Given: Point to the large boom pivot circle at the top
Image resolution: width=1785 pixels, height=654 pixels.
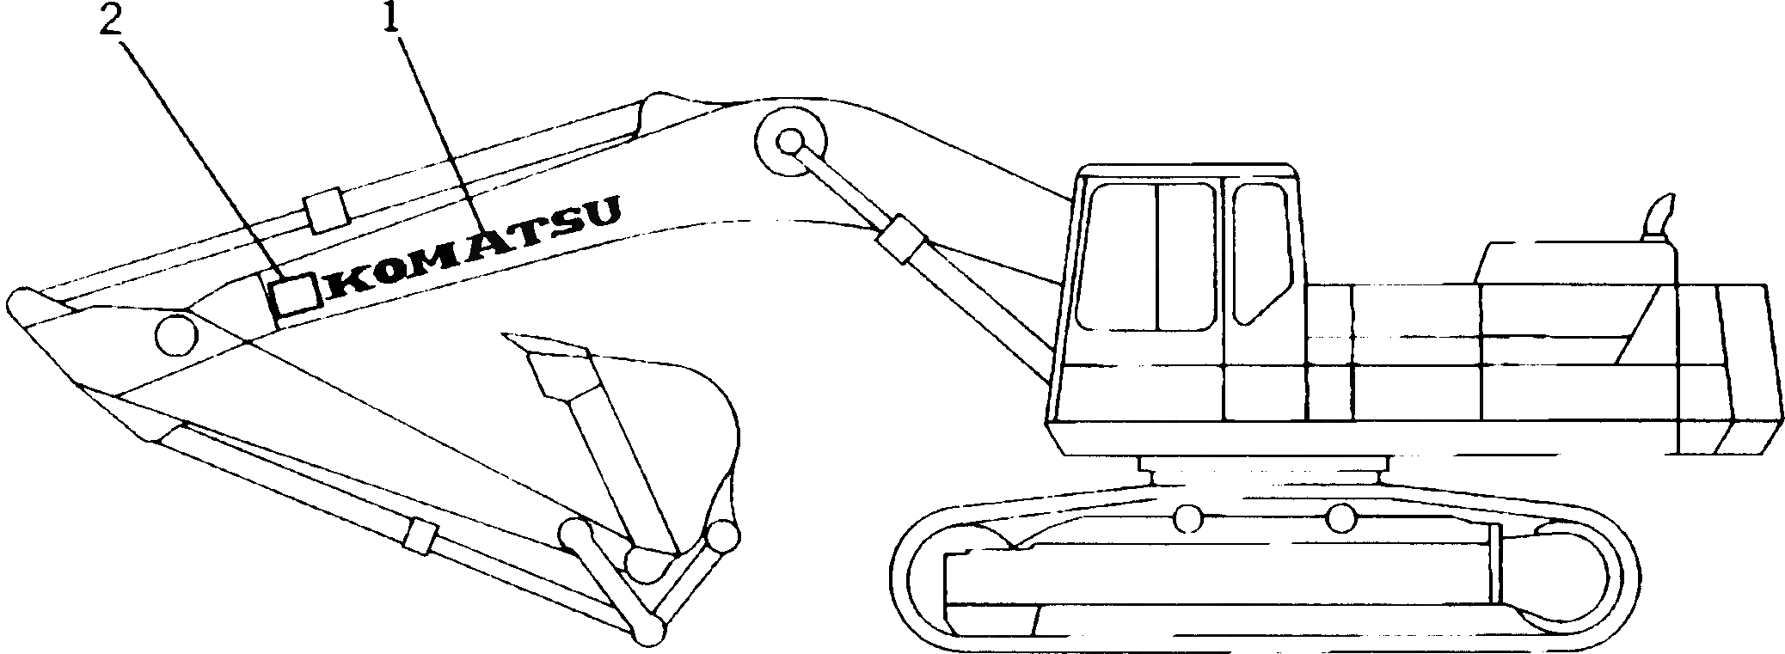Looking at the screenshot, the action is [x=790, y=143].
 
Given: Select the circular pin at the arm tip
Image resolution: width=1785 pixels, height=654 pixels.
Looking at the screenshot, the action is [x=175, y=333].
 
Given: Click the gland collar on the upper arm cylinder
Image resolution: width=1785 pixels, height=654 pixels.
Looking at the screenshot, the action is [x=324, y=211].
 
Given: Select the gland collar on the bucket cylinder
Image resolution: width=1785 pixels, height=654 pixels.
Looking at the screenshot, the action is [x=420, y=537].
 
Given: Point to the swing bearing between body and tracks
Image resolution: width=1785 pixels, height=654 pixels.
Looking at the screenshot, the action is [x=1262, y=471].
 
